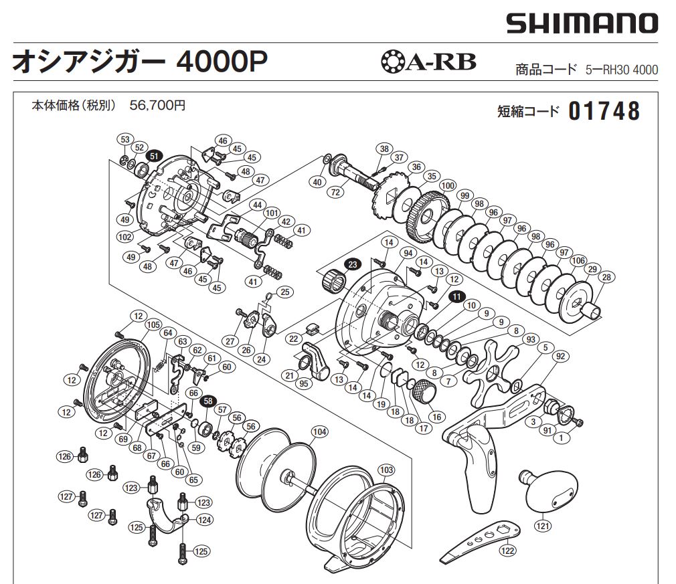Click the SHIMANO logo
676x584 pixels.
pos(582,23)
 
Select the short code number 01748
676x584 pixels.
pos(604,111)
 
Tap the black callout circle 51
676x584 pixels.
pos(155,155)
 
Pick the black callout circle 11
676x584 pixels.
pos(456,296)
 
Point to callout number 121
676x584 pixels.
pos(543,526)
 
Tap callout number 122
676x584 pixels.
pos(508,551)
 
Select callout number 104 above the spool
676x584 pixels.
pos(319,432)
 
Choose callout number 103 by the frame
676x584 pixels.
pos(386,470)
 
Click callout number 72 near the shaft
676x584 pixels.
pos(337,192)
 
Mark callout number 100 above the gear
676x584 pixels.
pos(448,185)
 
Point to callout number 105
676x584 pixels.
pos(153,324)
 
